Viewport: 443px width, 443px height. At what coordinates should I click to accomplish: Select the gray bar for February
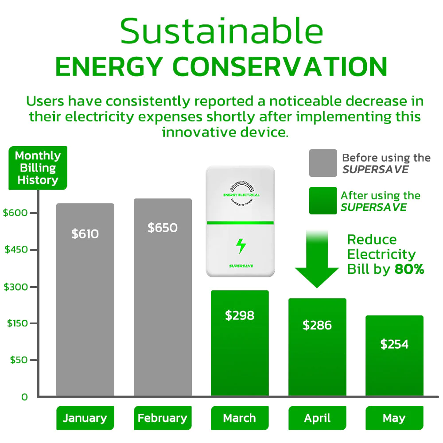click(x=163, y=297)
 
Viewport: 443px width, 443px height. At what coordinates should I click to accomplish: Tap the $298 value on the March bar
click(x=240, y=315)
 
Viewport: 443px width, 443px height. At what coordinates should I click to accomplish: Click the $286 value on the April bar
click(x=317, y=325)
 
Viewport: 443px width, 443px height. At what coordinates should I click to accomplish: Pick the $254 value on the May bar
click(x=394, y=344)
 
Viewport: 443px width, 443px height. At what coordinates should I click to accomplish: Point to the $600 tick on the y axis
click(x=16, y=213)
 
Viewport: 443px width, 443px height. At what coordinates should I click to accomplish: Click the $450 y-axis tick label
click(x=16, y=249)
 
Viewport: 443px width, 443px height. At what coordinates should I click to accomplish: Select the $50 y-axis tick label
click(x=19, y=360)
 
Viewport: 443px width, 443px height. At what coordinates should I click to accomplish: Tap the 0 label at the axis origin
click(x=24, y=397)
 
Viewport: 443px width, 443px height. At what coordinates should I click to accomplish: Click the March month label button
click(x=240, y=418)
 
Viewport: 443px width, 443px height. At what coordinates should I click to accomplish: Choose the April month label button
click(x=317, y=418)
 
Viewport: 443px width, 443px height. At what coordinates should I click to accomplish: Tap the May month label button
click(x=394, y=418)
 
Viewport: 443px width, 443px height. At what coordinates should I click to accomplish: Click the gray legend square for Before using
click(x=323, y=163)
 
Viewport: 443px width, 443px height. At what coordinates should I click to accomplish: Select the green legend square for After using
click(x=323, y=201)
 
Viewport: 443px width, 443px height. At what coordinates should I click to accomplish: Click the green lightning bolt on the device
click(x=241, y=246)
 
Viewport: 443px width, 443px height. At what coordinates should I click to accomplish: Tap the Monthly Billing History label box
click(x=38, y=168)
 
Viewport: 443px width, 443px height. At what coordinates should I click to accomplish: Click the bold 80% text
click(x=409, y=269)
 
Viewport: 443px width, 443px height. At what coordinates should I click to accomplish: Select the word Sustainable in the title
click(x=221, y=32)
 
